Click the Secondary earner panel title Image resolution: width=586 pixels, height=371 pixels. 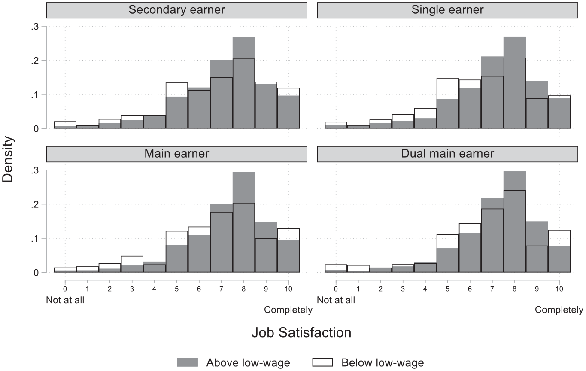176,10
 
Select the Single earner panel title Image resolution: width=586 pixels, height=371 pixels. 447,10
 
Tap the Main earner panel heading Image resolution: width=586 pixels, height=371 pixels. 176,154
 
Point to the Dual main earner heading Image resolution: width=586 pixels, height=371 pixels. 447,154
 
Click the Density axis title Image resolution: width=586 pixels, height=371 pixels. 8,159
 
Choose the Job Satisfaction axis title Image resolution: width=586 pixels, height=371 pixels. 301,332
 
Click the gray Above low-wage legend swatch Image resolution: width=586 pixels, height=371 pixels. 188,362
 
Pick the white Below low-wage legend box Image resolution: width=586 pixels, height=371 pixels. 322,362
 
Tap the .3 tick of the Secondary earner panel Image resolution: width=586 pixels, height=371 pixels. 35,27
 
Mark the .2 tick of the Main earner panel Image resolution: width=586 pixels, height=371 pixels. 35,204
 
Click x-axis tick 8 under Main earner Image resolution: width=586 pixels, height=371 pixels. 243,289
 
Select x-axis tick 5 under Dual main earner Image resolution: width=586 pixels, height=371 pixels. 447,289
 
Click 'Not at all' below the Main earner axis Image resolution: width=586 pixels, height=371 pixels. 65,300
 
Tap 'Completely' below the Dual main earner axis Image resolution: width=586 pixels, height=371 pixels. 559,310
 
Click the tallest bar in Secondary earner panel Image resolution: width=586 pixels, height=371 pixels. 243,83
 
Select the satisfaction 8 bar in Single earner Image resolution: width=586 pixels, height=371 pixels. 515,83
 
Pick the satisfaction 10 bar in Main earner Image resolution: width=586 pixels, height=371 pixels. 288,250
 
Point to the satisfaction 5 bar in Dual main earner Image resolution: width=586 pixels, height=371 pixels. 447,253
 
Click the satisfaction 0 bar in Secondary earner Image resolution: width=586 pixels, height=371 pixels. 65,125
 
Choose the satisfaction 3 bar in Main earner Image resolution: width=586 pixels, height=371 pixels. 132,264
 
